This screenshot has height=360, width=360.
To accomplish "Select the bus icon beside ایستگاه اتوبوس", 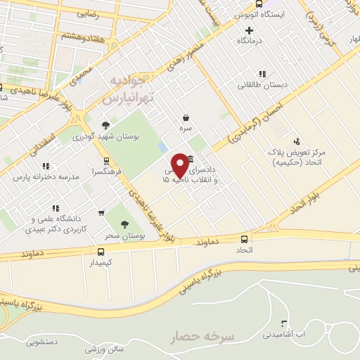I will pos(259,4).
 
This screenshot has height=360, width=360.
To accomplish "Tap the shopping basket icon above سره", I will pos(186,118).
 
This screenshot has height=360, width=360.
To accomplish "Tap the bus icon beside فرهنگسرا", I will pos(106,160).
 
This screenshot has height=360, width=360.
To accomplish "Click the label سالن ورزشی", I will pos(105,349).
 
